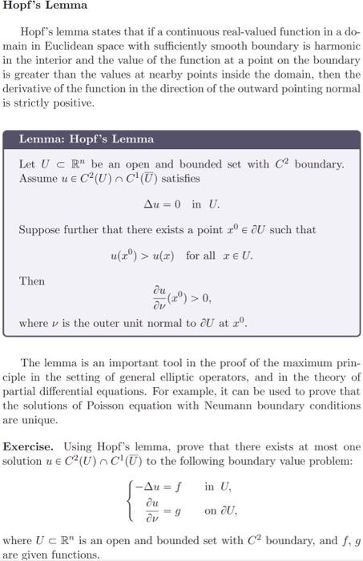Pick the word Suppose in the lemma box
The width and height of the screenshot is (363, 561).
39,229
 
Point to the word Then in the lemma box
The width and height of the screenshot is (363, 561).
32,281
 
